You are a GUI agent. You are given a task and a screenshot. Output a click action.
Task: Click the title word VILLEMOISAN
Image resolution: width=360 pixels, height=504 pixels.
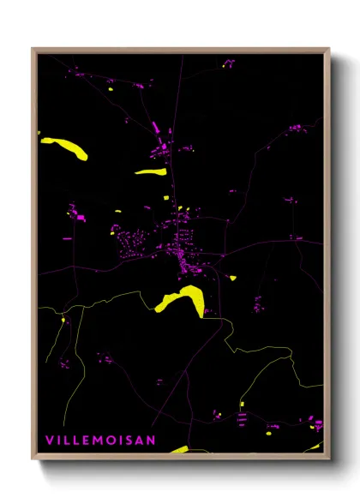(x=100, y=441)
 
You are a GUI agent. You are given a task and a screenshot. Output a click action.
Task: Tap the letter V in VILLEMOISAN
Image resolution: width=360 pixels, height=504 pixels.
(x=49, y=441)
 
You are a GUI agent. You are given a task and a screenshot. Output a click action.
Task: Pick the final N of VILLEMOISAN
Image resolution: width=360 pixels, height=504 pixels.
(x=153, y=441)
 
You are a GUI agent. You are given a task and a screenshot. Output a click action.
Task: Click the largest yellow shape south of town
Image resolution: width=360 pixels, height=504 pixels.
(x=183, y=299)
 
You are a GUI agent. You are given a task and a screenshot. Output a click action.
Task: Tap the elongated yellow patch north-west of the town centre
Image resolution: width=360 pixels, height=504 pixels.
(x=150, y=171)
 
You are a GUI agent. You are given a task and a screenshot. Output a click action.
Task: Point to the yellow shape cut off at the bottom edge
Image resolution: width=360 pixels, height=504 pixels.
(x=179, y=448)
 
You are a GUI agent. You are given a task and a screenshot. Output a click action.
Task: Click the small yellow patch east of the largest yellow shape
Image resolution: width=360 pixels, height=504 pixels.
(x=231, y=277)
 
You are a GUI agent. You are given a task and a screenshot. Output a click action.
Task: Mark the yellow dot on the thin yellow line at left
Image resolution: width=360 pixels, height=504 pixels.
(x=63, y=321)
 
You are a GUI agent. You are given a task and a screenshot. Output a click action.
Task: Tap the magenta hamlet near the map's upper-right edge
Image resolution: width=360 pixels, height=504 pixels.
(x=296, y=128)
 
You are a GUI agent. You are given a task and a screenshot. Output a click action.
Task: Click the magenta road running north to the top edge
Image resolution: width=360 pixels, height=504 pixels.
(x=180, y=86)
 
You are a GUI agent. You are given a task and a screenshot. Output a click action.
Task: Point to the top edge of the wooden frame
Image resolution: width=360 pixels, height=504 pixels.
(x=180, y=50)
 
